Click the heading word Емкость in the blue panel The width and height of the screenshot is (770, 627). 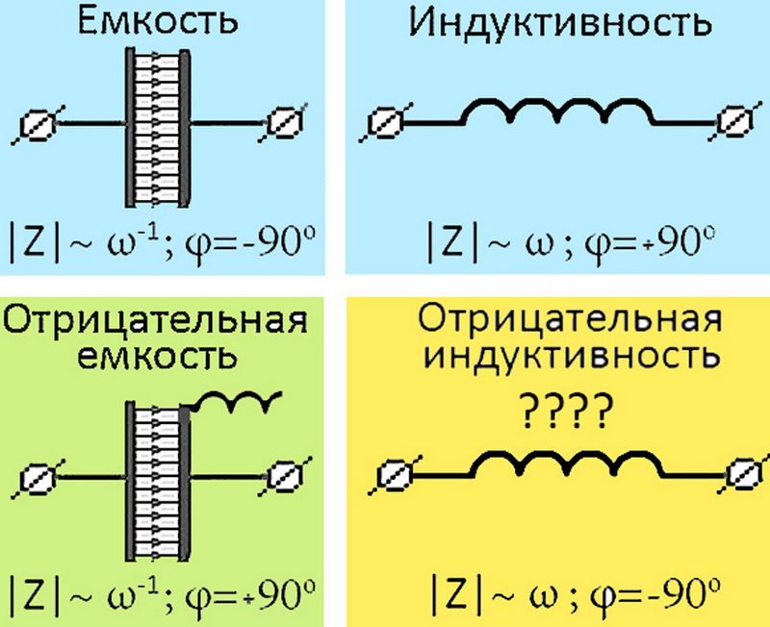pyautogui.click(x=158, y=22)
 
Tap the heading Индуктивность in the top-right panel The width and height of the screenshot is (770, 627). pyautogui.click(x=561, y=23)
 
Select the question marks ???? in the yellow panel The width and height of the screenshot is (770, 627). pyautogui.click(x=568, y=412)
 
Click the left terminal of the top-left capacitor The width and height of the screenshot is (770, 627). pyautogui.click(x=37, y=124)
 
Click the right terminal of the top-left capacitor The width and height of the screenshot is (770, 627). pyautogui.click(x=283, y=123)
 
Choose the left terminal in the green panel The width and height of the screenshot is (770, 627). pyautogui.click(x=38, y=477)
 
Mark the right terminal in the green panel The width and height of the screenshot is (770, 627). pyautogui.click(x=284, y=476)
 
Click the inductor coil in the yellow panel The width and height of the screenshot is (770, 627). pyautogui.click(x=567, y=464)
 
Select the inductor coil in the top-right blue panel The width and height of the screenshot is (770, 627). pyautogui.click(x=558, y=111)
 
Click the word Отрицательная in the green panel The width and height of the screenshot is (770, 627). pyautogui.click(x=156, y=321)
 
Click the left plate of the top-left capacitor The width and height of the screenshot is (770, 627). pyautogui.click(x=130, y=127)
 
